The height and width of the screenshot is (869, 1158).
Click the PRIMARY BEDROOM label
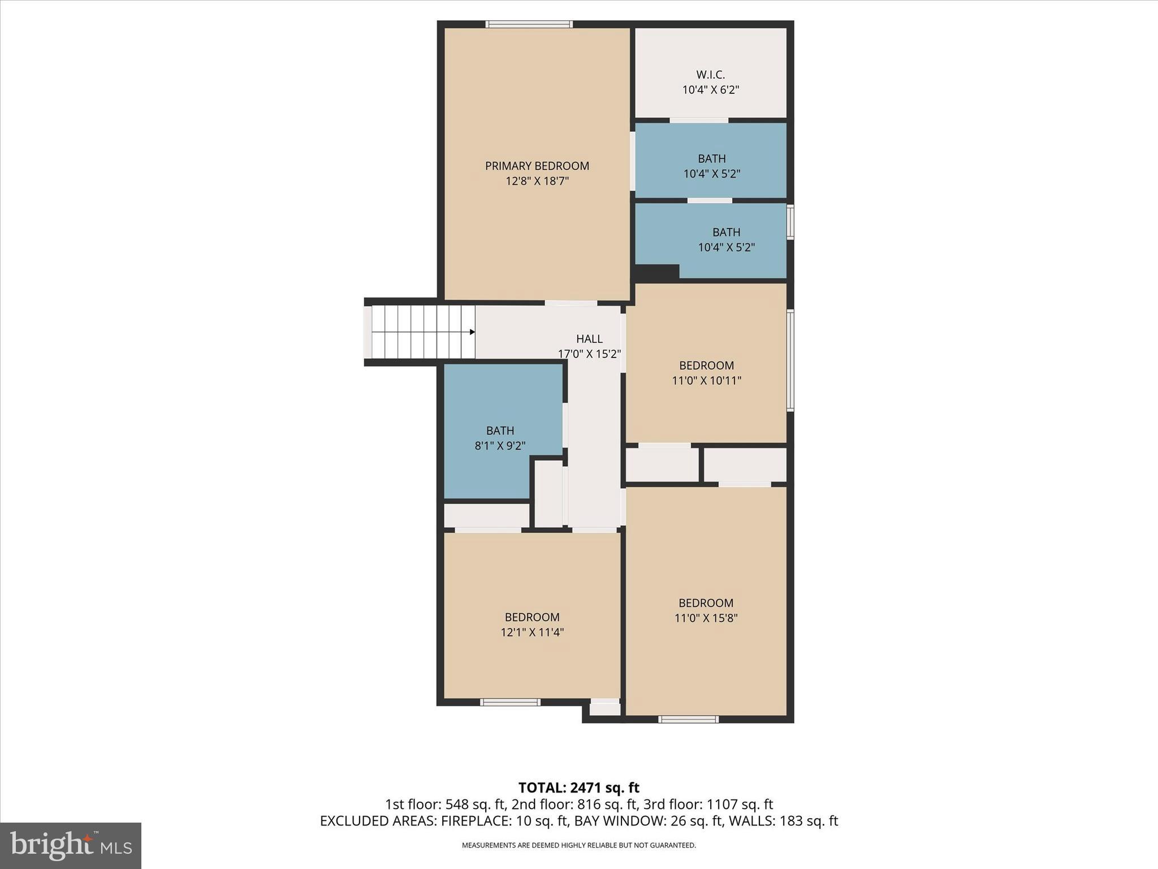tap(537, 166)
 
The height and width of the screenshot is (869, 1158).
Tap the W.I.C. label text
tap(710, 75)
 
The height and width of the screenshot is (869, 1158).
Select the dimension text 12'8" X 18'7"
tap(537, 181)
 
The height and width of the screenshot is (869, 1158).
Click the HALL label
tap(589, 339)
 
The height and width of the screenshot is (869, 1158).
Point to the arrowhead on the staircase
tap(472, 332)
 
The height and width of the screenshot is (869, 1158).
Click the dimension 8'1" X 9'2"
tap(500, 446)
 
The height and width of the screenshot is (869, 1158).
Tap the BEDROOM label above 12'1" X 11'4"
tap(532, 617)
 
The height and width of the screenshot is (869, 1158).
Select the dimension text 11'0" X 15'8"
tap(706, 618)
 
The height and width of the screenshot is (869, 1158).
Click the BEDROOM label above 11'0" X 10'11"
tap(706, 365)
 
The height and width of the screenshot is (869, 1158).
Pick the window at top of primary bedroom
tap(529, 24)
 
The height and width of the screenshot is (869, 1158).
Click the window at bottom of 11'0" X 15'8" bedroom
tap(688, 720)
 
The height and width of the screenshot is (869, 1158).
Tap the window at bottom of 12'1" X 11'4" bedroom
tap(510, 702)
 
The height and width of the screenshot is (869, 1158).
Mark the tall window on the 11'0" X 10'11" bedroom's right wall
tap(790, 359)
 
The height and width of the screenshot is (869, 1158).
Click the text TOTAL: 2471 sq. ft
tap(578, 788)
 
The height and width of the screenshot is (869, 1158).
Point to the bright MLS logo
tap(71, 846)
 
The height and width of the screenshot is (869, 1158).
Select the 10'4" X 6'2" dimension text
tap(710, 89)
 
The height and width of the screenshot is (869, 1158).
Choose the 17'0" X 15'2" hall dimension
tap(589, 354)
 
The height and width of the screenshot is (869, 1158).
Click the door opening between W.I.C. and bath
tap(699, 120)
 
